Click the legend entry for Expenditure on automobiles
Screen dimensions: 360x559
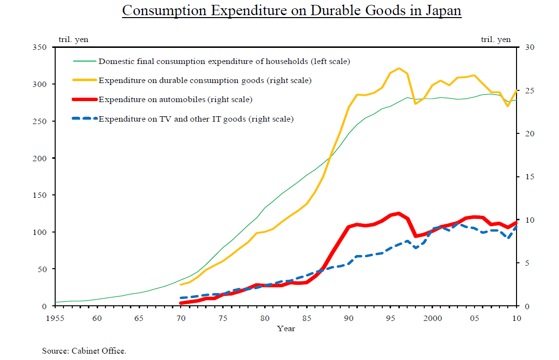tap(175, 100)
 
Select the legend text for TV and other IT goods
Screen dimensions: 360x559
tap(196, 119)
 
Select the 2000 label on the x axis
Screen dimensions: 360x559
tap(433, 318)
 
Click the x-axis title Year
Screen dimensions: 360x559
tap(286, 329)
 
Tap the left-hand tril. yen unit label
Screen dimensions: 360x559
tap(73, 40)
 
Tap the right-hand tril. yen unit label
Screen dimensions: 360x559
tap(496, 40)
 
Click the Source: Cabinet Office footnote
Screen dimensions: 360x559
tap(84, 351)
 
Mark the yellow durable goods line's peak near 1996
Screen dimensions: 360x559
tap(399, 68)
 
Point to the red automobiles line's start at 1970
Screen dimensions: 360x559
tap(181, 303)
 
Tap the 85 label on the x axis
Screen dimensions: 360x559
tap(307, 318)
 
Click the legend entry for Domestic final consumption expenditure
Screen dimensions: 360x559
tap(224, 62)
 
